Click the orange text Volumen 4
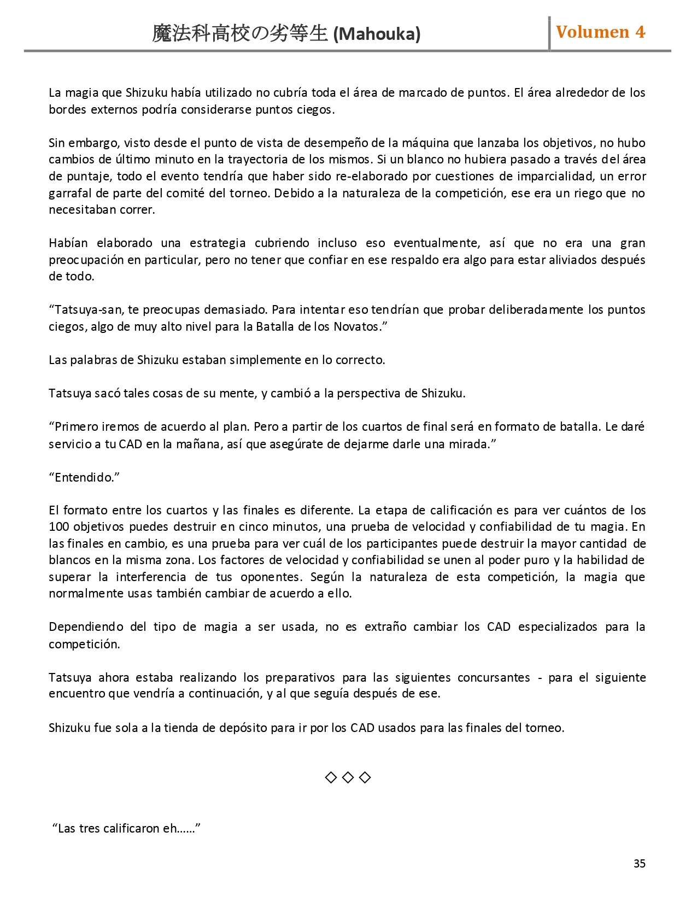tap(600, 32)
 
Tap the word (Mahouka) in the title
tap(377, 34)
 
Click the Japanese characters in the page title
tap(240, 34)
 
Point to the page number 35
tap(639, 863)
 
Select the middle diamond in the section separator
tap(348, 777)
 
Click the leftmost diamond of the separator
tap(331, 777)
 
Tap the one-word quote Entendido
tap(84, 477)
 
